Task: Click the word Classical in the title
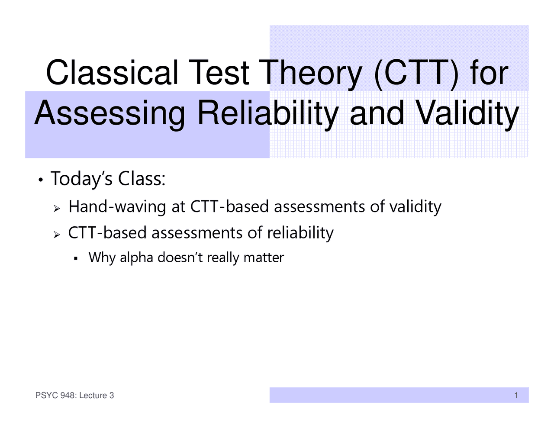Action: coord(112,73)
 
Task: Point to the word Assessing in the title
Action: coord(110,113)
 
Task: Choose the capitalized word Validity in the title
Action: coord(467,113)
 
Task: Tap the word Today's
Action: coord(82,179)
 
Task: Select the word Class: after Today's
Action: coord(142,179)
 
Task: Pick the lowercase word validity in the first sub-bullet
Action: coord(415,207)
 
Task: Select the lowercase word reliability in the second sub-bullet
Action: coord(300,233)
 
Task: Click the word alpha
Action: coord(136,258)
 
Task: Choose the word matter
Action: coord(264,257)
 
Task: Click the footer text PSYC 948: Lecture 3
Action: coord(74,395)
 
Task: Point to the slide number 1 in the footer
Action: coord(516,395)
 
